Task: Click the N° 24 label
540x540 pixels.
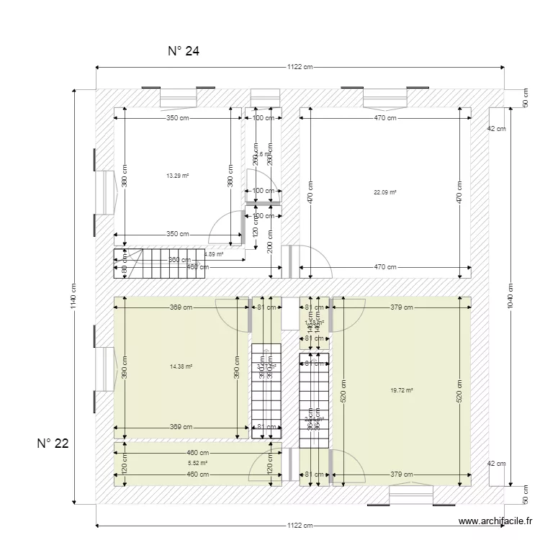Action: [183, 51]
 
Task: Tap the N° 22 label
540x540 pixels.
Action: [53, 444]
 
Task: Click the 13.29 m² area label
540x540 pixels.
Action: [177, 176]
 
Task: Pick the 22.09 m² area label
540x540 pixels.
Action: [385, 192]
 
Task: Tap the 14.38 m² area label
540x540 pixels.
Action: [181, 366]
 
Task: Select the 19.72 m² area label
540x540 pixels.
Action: [401, 390]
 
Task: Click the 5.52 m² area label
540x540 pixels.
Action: [197, 463]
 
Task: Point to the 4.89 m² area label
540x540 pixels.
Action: [214, 254]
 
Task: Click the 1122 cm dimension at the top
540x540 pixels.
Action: [300, 67]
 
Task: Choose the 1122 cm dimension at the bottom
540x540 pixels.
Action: [300, 526]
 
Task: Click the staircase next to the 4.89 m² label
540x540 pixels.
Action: [159, 264]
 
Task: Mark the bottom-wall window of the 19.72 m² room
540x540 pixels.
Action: [411, 495]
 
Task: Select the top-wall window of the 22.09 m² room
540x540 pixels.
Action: [384, 96]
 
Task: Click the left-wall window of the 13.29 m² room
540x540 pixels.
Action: [104, 192]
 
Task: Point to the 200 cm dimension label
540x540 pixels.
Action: [269, 247]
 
